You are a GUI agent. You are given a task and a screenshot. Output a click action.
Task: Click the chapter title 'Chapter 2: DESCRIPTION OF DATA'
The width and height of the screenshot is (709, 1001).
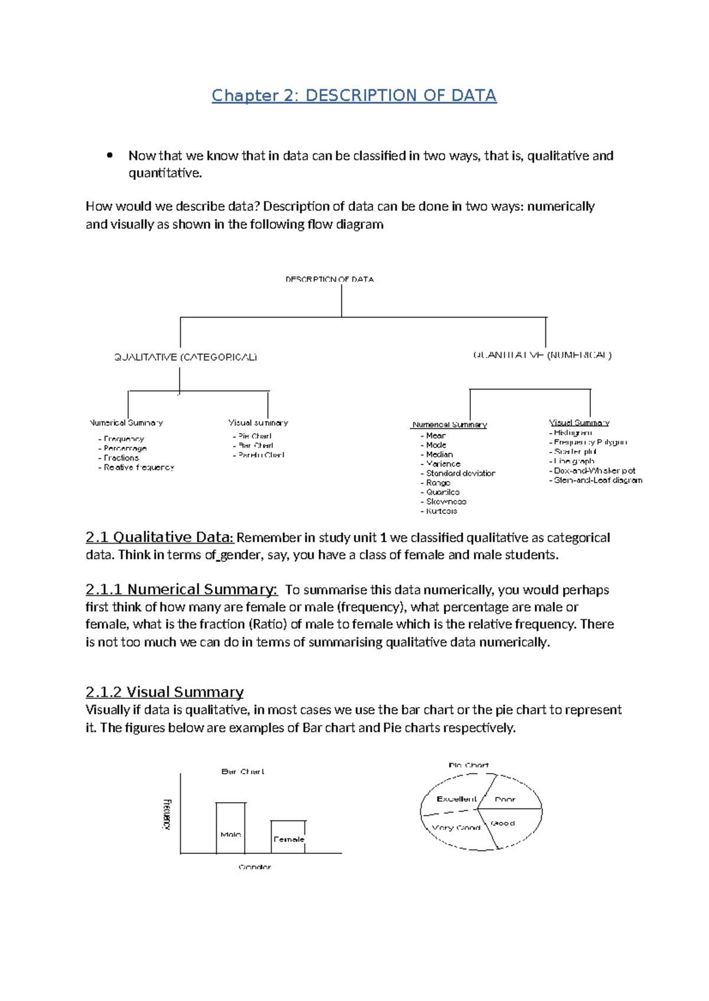(x=354, y=96)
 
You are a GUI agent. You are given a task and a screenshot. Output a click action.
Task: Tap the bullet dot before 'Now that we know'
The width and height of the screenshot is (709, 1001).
(x=109, y=156)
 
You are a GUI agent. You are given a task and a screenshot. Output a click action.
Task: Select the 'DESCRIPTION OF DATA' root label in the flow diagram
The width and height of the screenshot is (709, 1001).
(x=330, y=279)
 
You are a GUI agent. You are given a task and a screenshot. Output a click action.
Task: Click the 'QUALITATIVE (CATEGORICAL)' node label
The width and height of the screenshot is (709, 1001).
(x=186, y=357)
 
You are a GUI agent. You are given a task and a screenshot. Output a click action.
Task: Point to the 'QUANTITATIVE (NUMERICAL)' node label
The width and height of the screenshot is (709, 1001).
(x=542, y=355)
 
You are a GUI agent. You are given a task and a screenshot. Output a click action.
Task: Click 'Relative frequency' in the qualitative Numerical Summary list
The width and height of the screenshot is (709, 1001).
(x=139, y=467)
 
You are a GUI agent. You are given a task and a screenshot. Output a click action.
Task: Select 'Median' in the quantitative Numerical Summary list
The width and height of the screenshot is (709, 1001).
(x=439, y=454)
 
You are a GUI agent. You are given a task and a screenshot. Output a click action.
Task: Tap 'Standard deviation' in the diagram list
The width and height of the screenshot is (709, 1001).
(x=460, y=473)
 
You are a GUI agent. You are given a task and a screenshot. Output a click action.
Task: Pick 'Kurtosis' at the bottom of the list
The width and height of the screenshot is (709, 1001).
(x=441, y=511)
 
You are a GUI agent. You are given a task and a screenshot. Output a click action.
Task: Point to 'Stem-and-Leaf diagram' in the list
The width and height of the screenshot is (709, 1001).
(x=597, y=480)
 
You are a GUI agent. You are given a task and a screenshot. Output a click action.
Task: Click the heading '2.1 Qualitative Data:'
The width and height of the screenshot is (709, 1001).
(x=160, y=537)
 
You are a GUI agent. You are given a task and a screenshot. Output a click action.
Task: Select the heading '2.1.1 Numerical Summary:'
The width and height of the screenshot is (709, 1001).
(x=181, y=590)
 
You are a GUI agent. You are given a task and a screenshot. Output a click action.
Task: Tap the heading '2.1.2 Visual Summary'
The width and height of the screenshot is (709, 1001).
(x=164, y=692)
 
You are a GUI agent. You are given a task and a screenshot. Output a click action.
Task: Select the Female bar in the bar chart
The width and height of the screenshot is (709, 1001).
(x=288, y=837)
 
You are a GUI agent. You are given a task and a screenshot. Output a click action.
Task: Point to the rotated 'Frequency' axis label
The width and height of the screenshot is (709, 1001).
(x=167, y=814)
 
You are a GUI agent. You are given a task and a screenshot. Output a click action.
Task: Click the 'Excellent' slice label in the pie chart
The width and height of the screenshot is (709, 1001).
(x=456, y=799)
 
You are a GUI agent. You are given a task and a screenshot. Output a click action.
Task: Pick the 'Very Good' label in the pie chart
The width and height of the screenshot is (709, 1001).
(x=456, y=827)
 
